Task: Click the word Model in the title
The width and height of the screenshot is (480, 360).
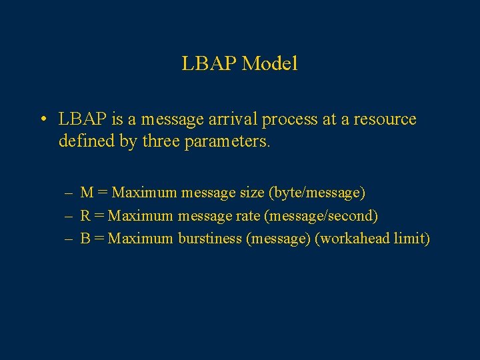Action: click(270, 64)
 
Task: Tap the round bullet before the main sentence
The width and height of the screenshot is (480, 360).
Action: click(42, 120)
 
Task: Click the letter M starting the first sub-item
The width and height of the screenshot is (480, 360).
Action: click(87, 193)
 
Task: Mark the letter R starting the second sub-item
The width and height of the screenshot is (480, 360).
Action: click(85, 215)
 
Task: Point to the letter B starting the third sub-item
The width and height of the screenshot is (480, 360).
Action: click(85, 238)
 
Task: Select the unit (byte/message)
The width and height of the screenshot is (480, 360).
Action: click(317, 193)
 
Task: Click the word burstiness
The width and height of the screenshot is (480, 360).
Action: click(210, 238)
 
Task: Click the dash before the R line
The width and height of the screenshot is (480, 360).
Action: click(69, 216)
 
